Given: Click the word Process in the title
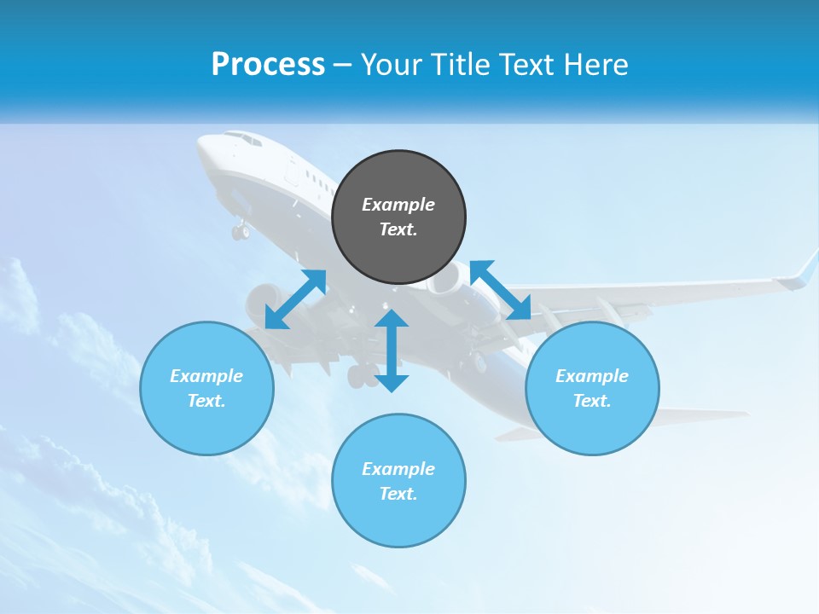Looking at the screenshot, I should [x=268, y=65].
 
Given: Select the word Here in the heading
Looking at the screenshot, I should [x=595, y=65].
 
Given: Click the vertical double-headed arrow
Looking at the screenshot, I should [x=392, y=350].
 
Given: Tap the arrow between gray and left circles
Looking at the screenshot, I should [x=295, y=299].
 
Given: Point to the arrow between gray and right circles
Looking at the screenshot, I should [x=501, y=290].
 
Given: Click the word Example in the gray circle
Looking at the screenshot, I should [x=398, y=205].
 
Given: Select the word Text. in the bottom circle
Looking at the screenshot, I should [x=398, y=494].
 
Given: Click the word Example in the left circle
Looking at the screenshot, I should [x=206, y=376].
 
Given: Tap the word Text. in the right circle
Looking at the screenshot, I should [x=592, y=401].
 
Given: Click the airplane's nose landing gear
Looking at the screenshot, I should [x=241, y=229].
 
